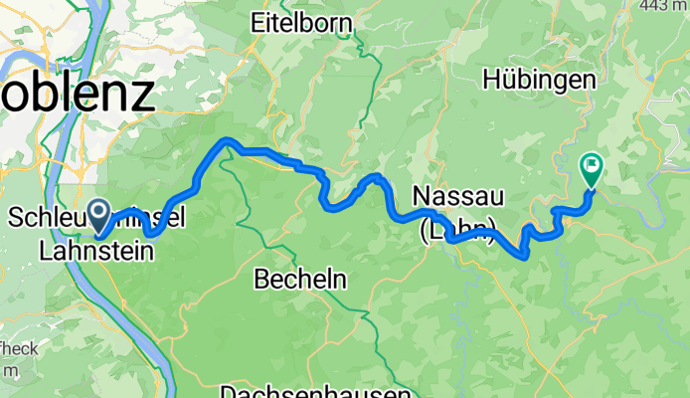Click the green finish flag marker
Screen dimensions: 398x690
(591, 170)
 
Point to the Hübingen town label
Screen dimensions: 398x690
(540, 80)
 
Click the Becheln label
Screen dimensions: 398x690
(300, 280)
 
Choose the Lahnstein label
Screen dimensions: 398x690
(96, 252)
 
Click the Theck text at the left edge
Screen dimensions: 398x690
(19, 348)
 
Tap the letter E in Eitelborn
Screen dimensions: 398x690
(259, 23)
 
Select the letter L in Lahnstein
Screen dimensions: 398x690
(45, 252)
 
